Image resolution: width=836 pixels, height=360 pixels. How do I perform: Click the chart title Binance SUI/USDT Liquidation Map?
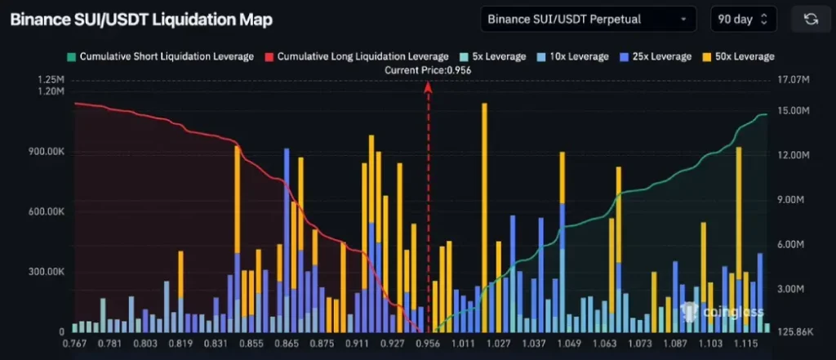coord(141,19)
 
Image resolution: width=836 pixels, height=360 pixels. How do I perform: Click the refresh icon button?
coord(811,19)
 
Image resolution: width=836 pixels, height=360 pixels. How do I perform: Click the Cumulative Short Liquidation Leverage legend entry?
coord(161,56)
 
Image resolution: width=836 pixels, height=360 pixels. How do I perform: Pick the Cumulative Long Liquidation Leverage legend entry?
coord(356,56)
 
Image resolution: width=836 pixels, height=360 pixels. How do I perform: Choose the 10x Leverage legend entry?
coord(572,56)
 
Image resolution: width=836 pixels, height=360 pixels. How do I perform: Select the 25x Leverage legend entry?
coord(656,56)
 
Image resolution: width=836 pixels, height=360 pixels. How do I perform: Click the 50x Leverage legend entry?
coord(738,56)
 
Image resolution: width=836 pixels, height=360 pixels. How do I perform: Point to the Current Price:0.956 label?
coord(428,70)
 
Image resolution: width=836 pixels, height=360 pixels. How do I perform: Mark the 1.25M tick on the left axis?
coord(51,80)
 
